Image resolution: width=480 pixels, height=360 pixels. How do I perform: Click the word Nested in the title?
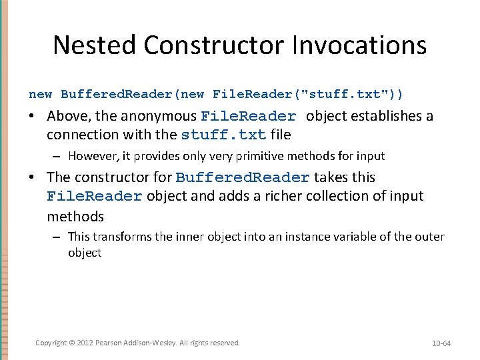click(x=95, y=45)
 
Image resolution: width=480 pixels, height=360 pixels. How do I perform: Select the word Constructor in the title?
click(x=212, y=45)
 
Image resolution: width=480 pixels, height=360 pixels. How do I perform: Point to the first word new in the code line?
click(x=40, y=94)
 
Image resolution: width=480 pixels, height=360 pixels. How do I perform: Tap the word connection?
click(x=79, y=135)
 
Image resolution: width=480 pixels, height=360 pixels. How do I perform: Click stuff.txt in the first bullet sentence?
click(x=223, y=135)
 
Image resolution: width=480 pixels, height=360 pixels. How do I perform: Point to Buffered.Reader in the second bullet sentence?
click(x=243, y=177)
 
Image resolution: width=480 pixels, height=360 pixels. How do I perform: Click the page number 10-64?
click(x=441, y=343)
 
